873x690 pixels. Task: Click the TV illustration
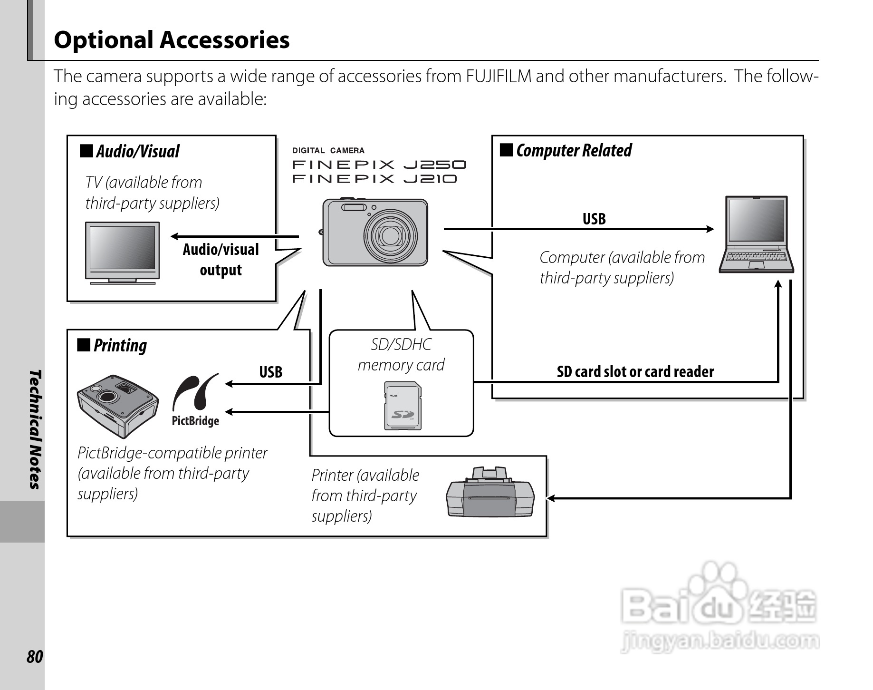tap(123, 252)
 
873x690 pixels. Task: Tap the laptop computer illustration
tap(756, 234)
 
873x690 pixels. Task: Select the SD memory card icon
tap(403, 406)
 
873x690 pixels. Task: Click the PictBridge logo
tap(195, 400)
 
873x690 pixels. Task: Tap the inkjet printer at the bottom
tap(490, 493)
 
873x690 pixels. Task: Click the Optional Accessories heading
tap(172, 39)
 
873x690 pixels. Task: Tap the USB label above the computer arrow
tap(594, 219)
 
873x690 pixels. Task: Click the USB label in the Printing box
tap(270, 372)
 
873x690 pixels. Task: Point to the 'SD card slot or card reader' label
tap(635, 372)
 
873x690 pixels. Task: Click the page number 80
tap(35, 657)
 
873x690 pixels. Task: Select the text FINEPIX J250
tap(379, 165)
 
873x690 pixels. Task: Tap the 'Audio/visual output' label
tap(221, 260)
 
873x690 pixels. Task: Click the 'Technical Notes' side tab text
tap(35, 429)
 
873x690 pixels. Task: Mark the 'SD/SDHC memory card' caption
tap(401, 355)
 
